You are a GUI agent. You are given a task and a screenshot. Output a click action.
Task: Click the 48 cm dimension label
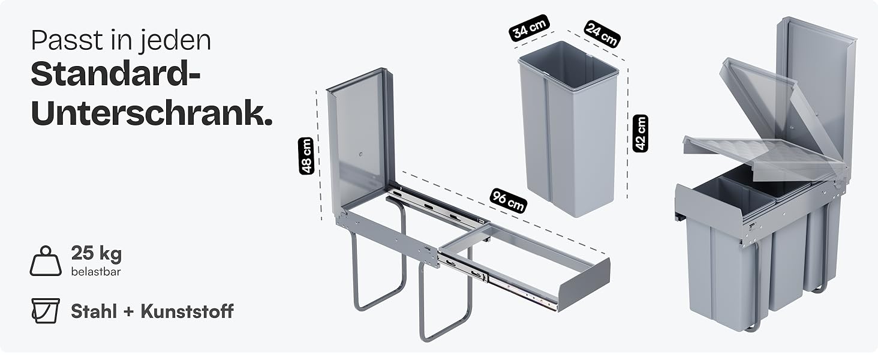click(306, 155)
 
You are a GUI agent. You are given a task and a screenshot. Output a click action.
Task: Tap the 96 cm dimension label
click(508, 201)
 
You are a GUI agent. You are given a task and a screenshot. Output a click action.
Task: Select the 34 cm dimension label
click(529, 28)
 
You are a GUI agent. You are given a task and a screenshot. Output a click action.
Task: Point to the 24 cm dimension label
click(602, 34)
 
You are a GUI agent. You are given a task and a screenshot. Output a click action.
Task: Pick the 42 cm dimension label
click(640, 133)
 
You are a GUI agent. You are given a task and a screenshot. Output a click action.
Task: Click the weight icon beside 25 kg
click(46, 261)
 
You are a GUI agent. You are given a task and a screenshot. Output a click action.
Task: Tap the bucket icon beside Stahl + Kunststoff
click(46, 311)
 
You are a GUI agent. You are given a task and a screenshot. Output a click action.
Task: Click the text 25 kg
click(97, 253)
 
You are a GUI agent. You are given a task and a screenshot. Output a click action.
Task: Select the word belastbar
click(96, 271)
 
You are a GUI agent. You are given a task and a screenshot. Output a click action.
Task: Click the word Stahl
click(94, 311)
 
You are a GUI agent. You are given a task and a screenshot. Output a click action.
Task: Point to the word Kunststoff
click(187, 311)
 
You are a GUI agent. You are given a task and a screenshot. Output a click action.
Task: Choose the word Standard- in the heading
click(116, 74)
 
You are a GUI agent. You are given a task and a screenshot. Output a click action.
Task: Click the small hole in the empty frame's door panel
click(360, 154)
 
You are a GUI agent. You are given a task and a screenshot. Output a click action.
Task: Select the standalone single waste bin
click(569, 128)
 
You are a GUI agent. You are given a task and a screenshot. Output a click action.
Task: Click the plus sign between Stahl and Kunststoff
click(128, 312)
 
